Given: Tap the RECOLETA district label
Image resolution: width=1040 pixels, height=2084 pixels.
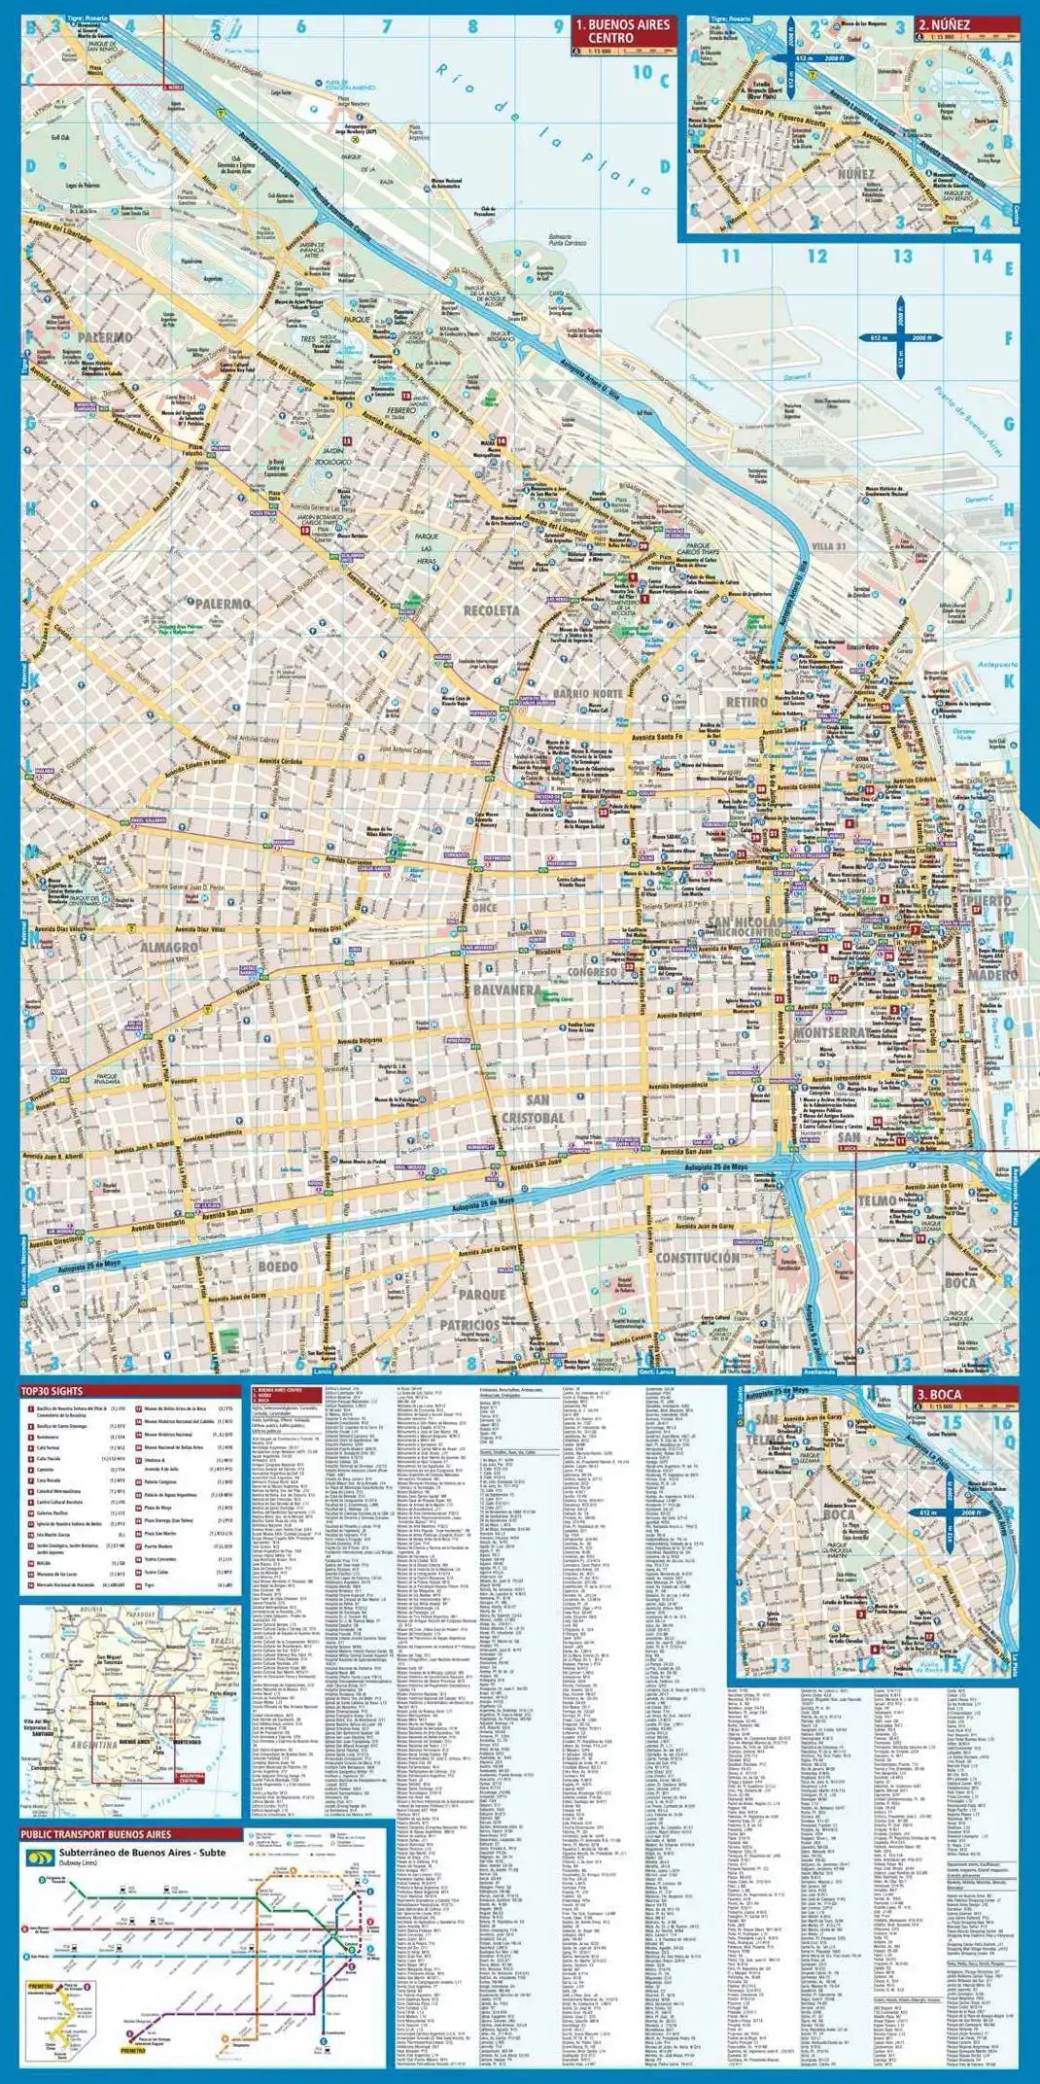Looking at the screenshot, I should [x=492, y=609].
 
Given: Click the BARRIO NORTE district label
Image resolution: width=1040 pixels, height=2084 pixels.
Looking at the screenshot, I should [x=585, y=693].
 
